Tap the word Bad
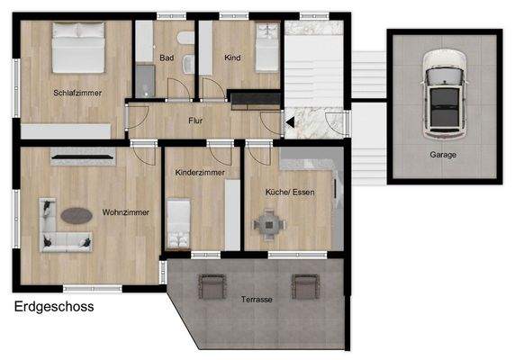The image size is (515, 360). pyautogui.click(x=166, y=58)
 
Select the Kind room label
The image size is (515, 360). pyautogui.click(x=232, y=58)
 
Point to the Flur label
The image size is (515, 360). pyautogui.click(x=195, y=120)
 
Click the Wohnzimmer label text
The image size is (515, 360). pyautogui.click(x=125, y=211)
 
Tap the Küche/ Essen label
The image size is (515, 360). pyautogui.click(x=289, y=192)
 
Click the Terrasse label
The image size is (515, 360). pyautogui.click(x=257, y=298)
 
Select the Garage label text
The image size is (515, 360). pyautogui.click(x=442, y=155)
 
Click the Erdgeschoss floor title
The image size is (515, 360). pyautogui.click(x=54, y=306)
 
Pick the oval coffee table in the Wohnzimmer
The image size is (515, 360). pyautogui.click(x=76, y=216)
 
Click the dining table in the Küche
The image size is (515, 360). pyautogui.click(x=267, y=222)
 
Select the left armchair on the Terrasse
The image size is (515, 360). pyautogui.click(x=211, y=286)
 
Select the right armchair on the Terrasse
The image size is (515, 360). pyautogui.click(x=304, y=286)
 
